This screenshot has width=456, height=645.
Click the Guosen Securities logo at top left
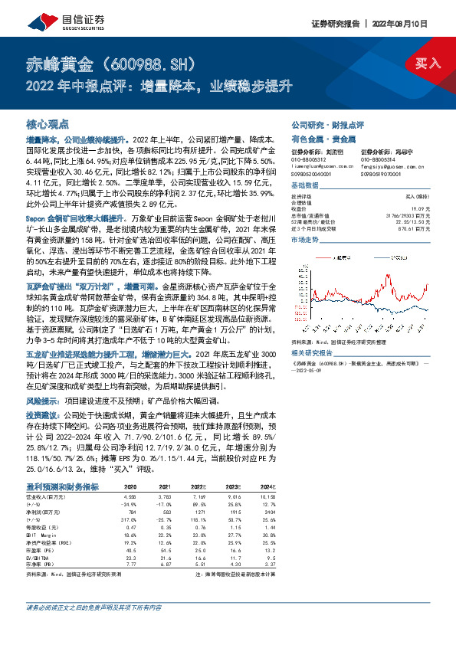click(55, 16)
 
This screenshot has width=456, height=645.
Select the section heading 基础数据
click(305, 186)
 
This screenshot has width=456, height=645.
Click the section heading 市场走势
click(305, 240)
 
